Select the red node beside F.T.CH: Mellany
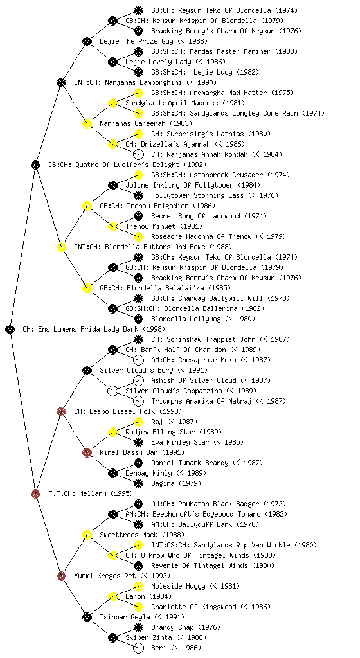[x=35, y=493]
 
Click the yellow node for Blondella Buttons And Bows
[x=61, y=247]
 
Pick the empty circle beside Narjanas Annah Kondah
[x=138, y=154]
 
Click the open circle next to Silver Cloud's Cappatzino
[x=113, y=391]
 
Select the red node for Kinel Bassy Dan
[x=87, y=452]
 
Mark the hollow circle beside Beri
[x=138, y=648]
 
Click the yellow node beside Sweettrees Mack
[x=87, y=535]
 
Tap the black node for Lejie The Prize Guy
[x=87, y=41]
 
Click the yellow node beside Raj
[x=138, y=422]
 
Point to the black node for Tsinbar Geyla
[x=87, y=617]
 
